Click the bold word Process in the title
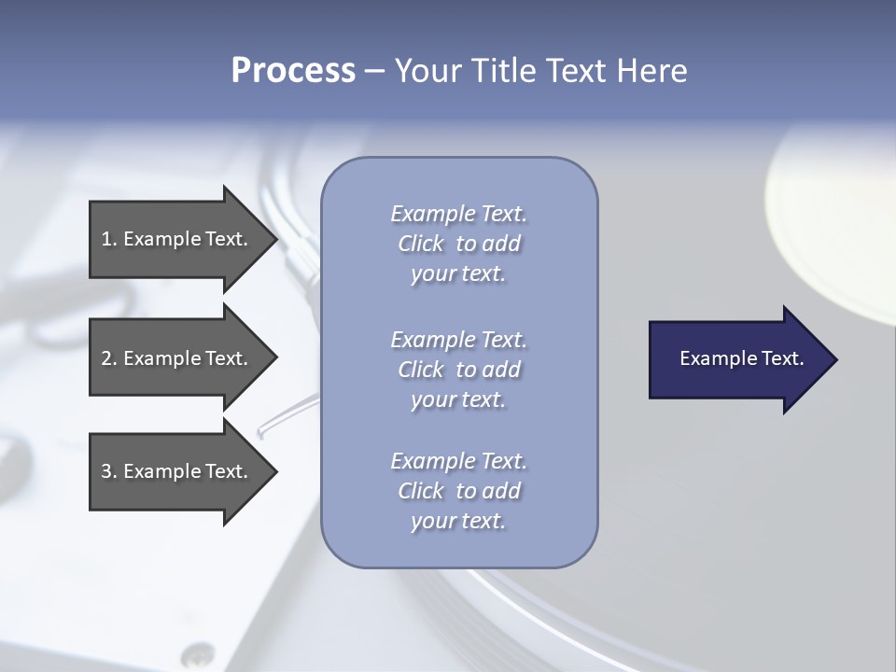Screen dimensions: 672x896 (293, 71)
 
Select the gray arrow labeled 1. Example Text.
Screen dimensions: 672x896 (177, 239)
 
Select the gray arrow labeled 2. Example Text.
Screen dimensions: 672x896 (177, 358)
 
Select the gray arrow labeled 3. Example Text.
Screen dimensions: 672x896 (177, 471)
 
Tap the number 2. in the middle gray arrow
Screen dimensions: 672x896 (108, 358)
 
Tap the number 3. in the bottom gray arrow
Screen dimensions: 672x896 (108, 471)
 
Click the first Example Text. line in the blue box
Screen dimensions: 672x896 (458, 214)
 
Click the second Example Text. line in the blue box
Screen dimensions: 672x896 (458, 339)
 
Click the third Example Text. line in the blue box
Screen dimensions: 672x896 (458, 461)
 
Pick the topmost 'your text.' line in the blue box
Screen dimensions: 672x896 (458, 274)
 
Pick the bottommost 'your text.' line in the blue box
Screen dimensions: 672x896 (458, 521)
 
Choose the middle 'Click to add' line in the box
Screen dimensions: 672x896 (458, 370)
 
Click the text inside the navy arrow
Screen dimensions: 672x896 (742, 358)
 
